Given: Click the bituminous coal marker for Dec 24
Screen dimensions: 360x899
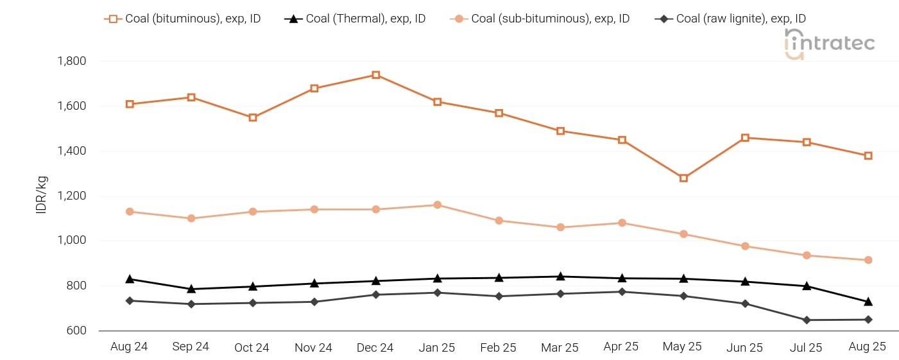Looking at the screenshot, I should pyautogui.click(x=375, y=75).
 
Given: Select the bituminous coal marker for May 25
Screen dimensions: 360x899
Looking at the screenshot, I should pyautogui.click(x=683, y=178).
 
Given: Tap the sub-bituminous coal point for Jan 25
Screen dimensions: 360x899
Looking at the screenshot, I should pyautogui.click(x=437, y=205).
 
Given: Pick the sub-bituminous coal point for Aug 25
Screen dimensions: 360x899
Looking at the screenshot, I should pyautogui.click(x=868, y=260).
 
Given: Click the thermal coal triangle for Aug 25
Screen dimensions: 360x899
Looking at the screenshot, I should pyautogui.click(x=868, y=302).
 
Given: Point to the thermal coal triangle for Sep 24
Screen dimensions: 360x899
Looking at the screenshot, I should pyautogui.click(x=191, y=289).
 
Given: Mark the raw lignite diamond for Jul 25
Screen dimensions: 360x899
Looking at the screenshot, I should pyautogui.click(x=807, y=320).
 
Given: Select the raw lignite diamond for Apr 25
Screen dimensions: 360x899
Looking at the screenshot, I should pyautogui.click(x=622, y=292).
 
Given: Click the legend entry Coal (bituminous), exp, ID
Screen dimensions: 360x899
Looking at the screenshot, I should pyautogui.click(x=184, y=19).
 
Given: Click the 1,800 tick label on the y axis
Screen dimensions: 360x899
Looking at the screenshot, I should pyautogui.click(x=72, y=61).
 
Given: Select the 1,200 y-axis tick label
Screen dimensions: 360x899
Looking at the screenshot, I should pyautogui.click(x=72, y=196).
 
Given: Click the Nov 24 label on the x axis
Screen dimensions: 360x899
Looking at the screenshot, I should pyautogui.click(x=313, y=347).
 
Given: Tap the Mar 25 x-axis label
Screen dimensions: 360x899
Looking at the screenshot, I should pyautogui.click(x=560, y=347).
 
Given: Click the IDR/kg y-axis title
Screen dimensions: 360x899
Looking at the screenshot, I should pyautogui.click(x=42, y=196).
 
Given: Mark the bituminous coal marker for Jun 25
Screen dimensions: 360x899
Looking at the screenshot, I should pyautogui.click(x=745, y=137).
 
